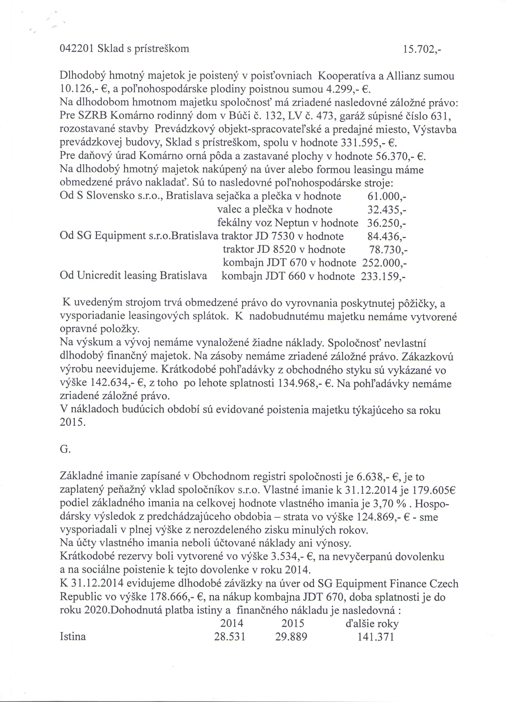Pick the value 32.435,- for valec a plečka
387,210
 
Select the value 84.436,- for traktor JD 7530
386,236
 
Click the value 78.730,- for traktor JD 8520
388,249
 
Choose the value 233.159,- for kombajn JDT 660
383,276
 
